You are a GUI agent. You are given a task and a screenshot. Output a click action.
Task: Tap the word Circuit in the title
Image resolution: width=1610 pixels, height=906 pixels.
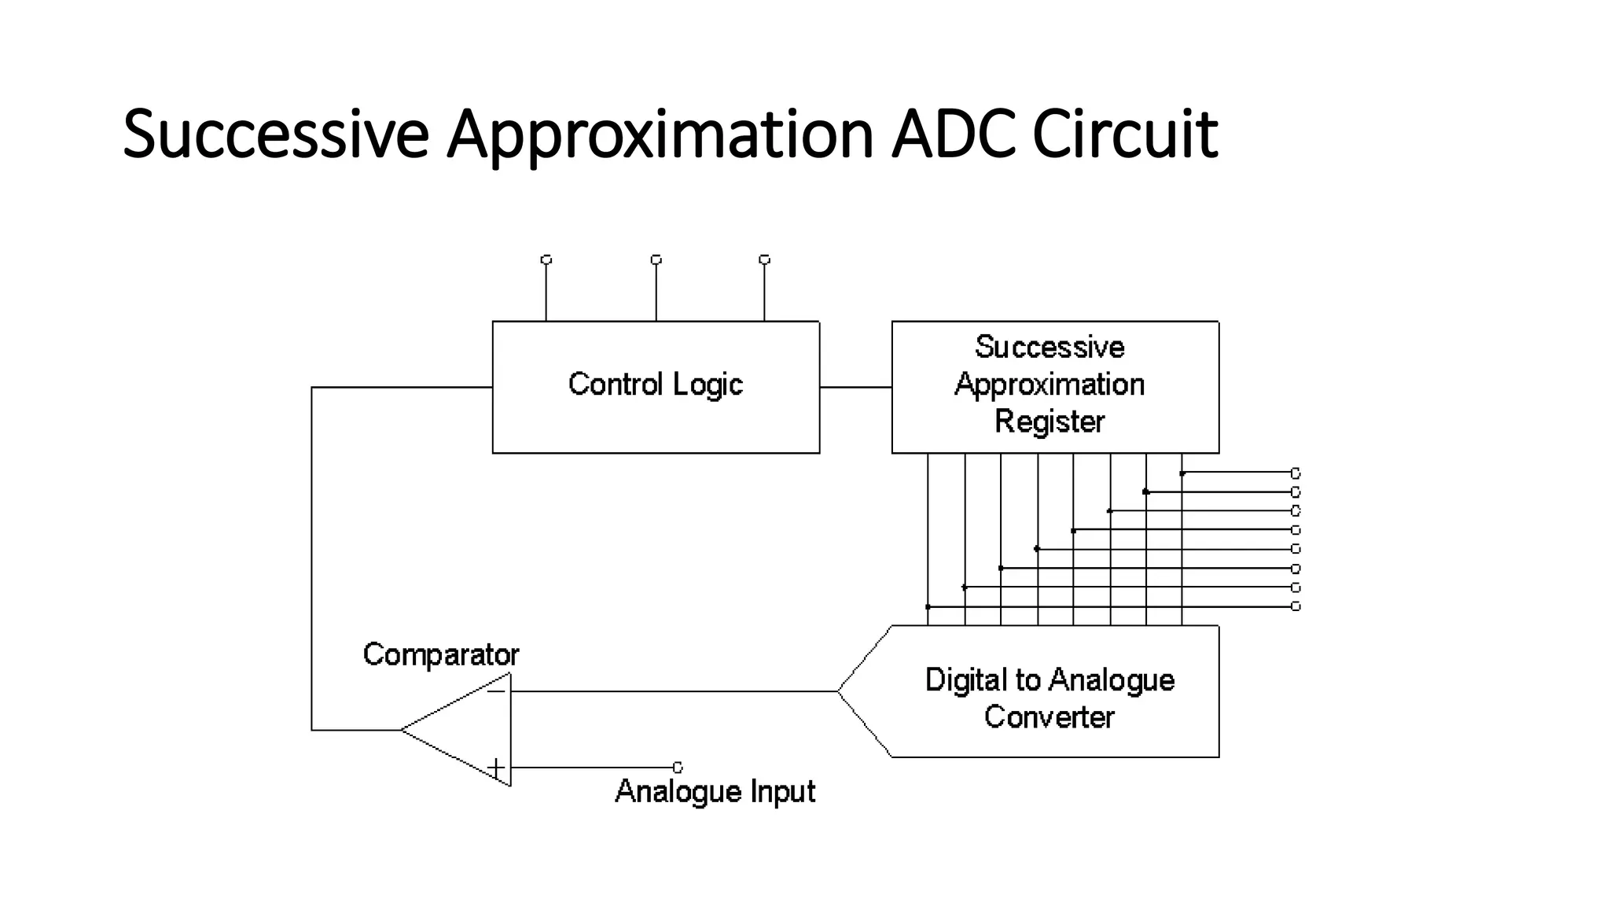point(1124,134)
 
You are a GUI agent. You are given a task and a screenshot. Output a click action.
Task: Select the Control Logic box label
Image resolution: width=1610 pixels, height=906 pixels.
point(655,385)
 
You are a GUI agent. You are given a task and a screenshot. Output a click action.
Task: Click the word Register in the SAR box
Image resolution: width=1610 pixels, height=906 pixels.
point(1049,422)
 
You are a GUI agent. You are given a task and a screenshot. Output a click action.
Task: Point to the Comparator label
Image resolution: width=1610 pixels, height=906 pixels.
point(441,654)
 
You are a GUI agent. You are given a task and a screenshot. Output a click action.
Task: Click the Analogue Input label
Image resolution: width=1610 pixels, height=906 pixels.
point(715,791)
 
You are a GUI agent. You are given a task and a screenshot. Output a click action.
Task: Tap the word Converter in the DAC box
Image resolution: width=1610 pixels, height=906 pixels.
point(1049,716)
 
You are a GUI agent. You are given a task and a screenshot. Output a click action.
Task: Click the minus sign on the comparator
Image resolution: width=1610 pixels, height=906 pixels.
point(496,691)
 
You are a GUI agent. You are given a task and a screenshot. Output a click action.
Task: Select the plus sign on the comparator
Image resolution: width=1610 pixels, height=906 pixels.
point(495,767)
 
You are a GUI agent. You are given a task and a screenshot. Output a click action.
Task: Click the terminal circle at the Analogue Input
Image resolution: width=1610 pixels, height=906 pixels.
point(678,767)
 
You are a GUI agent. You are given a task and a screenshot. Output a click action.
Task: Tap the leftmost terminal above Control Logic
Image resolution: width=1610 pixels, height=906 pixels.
point(546,260)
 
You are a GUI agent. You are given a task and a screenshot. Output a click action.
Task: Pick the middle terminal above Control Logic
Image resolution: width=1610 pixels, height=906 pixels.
point(656,260)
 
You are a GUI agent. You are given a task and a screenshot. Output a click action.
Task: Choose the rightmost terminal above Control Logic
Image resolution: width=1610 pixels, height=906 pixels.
point(764,260)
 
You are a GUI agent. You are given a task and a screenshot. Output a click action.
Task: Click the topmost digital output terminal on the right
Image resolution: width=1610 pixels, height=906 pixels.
point(1296,473)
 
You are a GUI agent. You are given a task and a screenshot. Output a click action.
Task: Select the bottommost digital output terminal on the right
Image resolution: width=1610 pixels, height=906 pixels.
point(1296,606)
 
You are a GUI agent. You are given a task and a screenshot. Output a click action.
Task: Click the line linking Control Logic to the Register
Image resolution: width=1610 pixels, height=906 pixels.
point(855,387)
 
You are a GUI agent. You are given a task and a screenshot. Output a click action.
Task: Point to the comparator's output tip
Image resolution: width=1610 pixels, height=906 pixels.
point(402,730)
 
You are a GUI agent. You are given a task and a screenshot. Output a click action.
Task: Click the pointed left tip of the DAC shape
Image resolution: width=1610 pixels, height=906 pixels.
point(838,691)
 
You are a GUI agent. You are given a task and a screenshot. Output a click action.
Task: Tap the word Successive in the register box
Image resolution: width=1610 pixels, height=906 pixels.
point(1049,347)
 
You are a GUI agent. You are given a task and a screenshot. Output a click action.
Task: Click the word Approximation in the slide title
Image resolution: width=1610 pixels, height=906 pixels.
point(660,134)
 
